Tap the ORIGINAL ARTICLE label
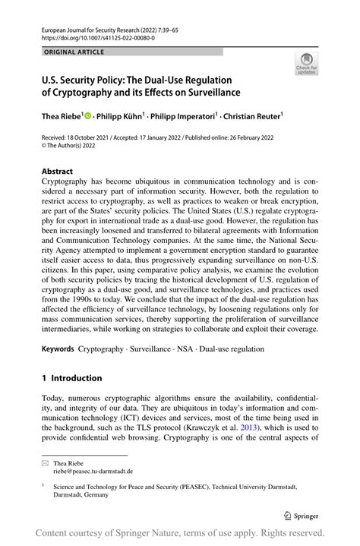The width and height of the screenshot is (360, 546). pos(74,52)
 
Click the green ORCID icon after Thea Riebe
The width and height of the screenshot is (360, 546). pos(89,116)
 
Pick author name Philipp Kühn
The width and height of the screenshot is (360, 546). pos(121,116)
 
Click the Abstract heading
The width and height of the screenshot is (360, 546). pos(58,172)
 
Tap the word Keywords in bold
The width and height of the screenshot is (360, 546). pos(58,349)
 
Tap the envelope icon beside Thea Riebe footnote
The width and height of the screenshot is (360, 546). pos(46,462)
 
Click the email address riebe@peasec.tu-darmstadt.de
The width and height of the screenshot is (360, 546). pos(94,472)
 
